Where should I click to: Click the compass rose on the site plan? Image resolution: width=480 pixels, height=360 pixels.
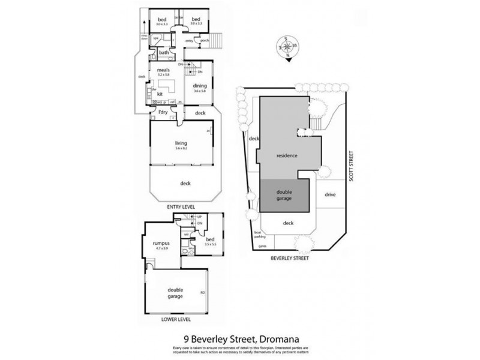287,47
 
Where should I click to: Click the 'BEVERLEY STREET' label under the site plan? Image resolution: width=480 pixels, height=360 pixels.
290,260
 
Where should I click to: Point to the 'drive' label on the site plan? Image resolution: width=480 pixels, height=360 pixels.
329,194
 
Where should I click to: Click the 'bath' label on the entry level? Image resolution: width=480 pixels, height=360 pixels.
163,53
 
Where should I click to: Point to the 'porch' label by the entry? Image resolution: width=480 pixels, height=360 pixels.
204,41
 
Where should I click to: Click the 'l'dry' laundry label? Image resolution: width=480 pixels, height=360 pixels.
161,113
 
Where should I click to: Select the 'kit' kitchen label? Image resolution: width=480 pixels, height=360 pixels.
160,94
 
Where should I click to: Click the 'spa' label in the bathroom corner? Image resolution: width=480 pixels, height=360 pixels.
155,38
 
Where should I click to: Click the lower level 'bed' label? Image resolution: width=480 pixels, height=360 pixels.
208,240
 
